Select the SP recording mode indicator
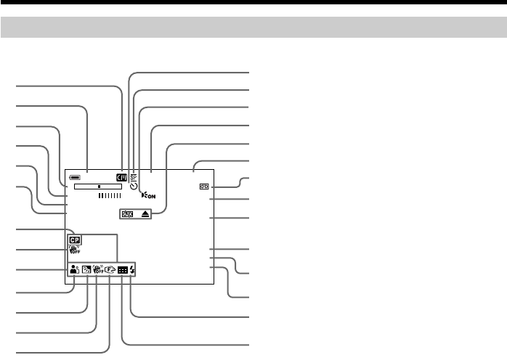tap(134, 176)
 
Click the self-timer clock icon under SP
tap(134, 186)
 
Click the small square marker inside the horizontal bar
tap(98, 186)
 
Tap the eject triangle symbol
tap(145, 215)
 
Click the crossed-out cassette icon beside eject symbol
tap(128, 215)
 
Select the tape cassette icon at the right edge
tap(203, 187)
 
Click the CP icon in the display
tap(75, 239)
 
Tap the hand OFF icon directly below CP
tap(74, 251)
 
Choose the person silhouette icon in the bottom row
tap(75, 270)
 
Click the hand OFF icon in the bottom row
tap(98, 269)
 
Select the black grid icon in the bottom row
tap(123, 270)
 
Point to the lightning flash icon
tap(132, 270)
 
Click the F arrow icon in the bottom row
tap(110, 270)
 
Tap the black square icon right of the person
tap(86, 270)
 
